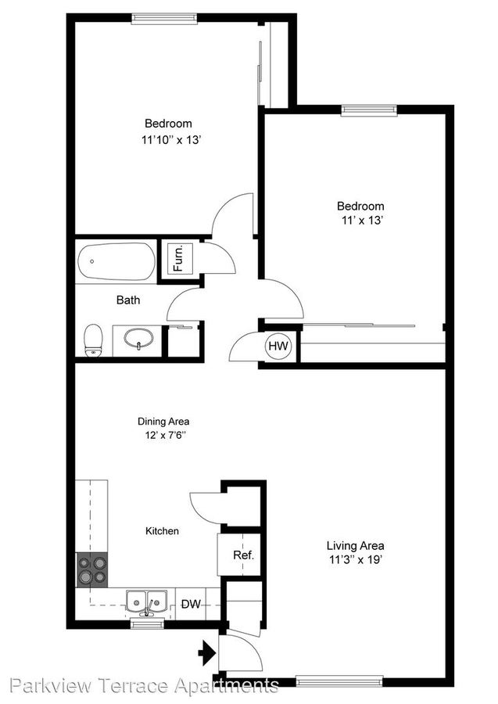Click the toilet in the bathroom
click(x=93, y=339)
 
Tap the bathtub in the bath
click(x=116, y=263)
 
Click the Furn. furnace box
click(x=177, y=257)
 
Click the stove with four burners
click(x=91, y=569)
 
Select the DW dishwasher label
click(x=192, y=604)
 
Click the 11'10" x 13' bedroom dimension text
click(x=167, y=141)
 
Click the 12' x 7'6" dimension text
click(x=163, y=435)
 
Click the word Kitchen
click(x=162, y=531)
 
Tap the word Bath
click(x=128, y=300)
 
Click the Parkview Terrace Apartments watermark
click(x=141, y=687)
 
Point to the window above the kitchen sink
click(x=146, y=624)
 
